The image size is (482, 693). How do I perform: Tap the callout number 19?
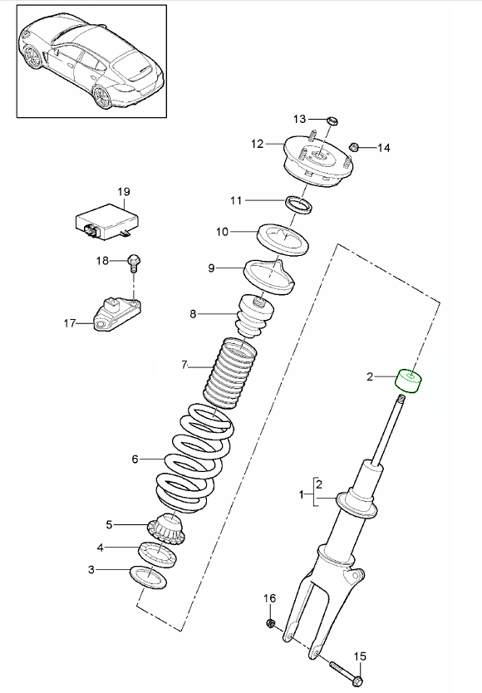tap(123, 192)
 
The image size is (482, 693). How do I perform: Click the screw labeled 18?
tap(132, 263)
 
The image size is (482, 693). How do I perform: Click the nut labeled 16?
tap(271, 623)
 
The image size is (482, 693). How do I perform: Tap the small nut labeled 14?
tap(352, 147)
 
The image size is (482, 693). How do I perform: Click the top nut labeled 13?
tap(330, 120)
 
